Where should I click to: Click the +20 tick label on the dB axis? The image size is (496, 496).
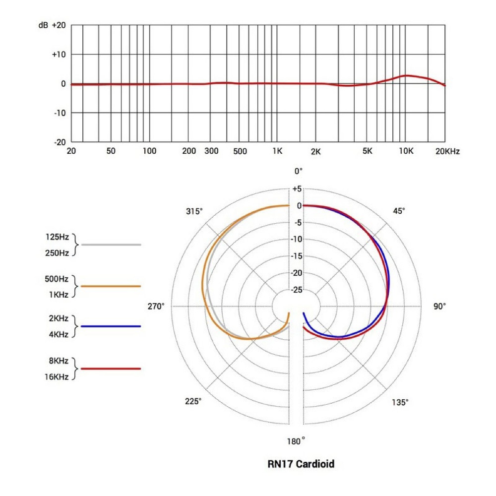(x=59, y=25)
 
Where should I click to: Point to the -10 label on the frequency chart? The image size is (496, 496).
(x=59, y=113)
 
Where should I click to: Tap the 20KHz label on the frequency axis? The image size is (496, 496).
(x=447, y=151)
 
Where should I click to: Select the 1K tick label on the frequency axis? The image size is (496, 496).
(x=277, y=151)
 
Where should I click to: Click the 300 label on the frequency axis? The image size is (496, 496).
(x=212, y=151)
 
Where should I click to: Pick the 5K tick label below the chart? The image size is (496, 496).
(x=367, y=151)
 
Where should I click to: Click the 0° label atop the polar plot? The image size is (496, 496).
(x=298, y=171)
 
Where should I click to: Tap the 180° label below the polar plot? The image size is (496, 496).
(x=297, y=441)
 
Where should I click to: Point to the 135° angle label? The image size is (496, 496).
(x=400, y=402)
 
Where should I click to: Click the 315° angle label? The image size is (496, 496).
(x=194, y=211)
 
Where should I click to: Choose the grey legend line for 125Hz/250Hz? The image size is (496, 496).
(x=111, y=245)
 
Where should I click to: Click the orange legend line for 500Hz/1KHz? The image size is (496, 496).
(x=111, y=286)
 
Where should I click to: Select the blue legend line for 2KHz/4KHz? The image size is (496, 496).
(x=111, y=326)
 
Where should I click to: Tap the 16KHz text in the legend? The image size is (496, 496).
(x=57, y=377)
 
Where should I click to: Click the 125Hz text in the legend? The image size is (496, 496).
(x=57, y=237)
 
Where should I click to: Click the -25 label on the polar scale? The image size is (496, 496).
(x=296, y=290)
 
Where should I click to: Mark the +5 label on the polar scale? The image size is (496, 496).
(x=297, y=189)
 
